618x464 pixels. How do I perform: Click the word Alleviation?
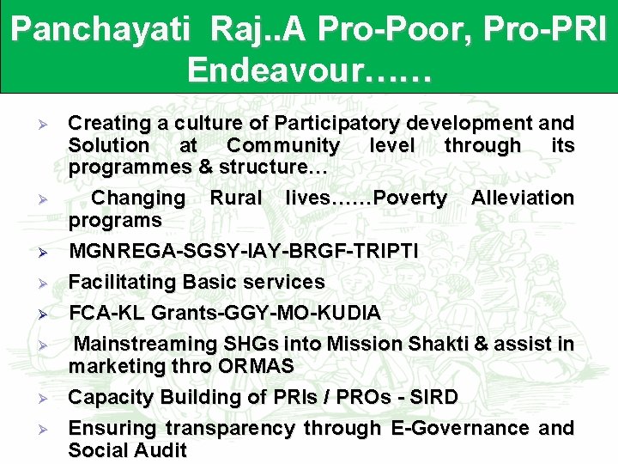pyautogui.click(x=522, y=198)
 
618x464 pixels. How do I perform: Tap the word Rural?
pyautogui.click(x=236, y=198)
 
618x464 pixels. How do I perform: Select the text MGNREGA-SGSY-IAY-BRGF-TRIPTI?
pyautogui.click(x=244, y=252)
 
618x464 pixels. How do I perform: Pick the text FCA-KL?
pyautogui.click(x=107, y=313)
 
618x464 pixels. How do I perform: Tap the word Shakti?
pyautogui.click(x=435, y=345)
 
